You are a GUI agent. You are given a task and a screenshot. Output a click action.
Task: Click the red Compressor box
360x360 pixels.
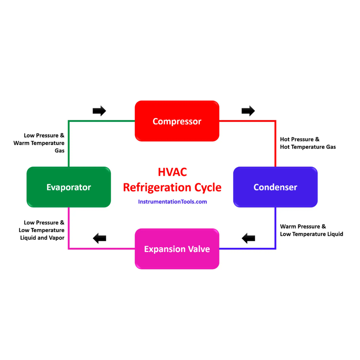point(177,121)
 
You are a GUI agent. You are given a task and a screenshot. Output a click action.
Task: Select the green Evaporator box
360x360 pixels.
point(69,187)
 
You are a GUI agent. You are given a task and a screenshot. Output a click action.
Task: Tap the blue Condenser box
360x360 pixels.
point(275,187)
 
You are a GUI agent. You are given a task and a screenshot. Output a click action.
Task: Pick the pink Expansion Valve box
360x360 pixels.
point(177,249)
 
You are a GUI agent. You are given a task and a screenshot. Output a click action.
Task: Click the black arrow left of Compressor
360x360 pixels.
point(99,111)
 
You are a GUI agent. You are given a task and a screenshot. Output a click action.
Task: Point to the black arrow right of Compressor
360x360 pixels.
point(248,111)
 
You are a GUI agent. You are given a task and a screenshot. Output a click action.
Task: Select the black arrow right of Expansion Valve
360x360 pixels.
point(248,238)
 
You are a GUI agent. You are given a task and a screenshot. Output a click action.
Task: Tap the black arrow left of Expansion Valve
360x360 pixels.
point(99,239)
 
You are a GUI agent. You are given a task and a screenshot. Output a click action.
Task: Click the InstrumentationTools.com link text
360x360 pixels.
point(172,202)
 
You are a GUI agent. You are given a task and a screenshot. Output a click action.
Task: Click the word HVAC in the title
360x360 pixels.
point(172,172)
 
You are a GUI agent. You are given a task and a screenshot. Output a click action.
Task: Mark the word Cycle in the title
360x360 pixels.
point(207,187)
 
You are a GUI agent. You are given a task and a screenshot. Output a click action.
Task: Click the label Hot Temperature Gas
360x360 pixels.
point(308,147)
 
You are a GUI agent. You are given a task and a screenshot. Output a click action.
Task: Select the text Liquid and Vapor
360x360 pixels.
point(42,238)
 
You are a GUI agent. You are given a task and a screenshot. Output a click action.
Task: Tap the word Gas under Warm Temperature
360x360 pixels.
point(59,150)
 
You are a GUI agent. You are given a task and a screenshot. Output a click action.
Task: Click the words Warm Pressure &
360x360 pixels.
point(303,226)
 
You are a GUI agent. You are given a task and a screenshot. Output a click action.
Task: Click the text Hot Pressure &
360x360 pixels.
point(300,139)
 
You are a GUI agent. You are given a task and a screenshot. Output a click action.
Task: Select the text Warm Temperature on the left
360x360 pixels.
point(39,143)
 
